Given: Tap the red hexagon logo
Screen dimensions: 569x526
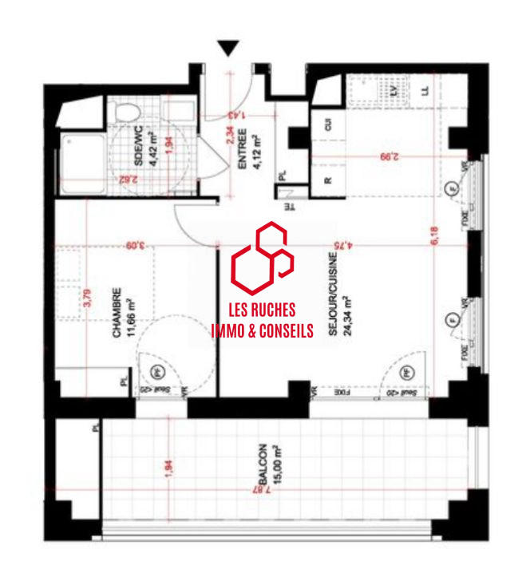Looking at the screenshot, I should point(263,255).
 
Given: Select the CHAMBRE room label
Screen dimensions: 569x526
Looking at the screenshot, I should point(117,313).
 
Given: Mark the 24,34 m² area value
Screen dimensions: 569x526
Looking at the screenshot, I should point(347,317).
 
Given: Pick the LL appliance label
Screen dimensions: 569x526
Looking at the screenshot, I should point(425,91).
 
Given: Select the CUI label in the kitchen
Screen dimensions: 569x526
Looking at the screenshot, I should point(327,124).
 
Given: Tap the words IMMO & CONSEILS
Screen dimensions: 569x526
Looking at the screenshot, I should point(263,330).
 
